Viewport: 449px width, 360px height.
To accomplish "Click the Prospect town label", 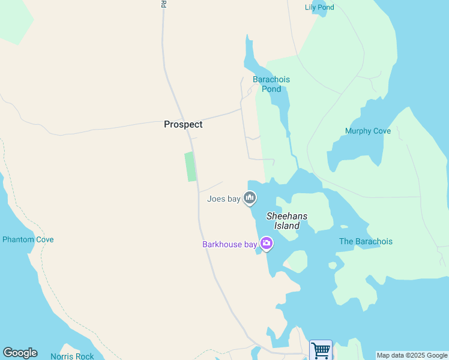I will (183, 124).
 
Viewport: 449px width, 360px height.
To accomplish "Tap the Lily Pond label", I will (319, 7).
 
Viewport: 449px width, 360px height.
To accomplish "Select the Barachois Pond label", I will (271, 84).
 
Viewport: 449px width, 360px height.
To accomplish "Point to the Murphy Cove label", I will (368, 131).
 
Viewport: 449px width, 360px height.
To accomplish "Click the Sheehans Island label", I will (287, 221).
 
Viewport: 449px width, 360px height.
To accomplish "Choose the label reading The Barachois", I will (366, 241).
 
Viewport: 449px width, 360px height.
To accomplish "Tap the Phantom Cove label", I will (28, 239).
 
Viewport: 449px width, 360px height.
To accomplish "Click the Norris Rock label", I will (72, 356).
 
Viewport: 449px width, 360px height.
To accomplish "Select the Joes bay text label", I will (223, 199).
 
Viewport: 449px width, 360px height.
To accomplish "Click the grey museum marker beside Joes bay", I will (250, 197).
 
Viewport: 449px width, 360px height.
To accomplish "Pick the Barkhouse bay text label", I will (229, 244).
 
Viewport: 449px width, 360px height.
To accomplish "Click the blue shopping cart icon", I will (321, 350).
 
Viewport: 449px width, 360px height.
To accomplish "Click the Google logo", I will (20, 353).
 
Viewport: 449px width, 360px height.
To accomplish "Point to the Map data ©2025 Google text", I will (412, 356).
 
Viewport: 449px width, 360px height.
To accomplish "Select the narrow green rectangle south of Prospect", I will (190, 166).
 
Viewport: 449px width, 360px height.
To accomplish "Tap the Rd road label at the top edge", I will (163, 4).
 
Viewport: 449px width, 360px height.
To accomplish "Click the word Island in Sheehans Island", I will (287, 226).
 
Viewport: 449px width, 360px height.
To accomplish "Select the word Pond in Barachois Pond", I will (271, 89).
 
